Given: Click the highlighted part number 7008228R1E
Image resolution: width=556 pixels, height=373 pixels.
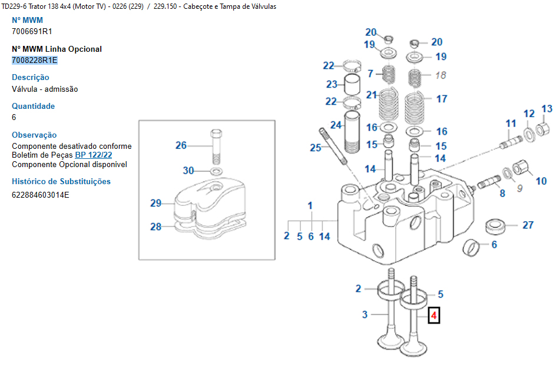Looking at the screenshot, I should pyautogui.click(x=35, y=60).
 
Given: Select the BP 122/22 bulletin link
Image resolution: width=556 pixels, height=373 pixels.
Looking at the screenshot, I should pyautogui.click(x=94, y=155).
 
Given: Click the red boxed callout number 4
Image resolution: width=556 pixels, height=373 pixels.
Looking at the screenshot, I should pyautogui.click(x=433, y=316).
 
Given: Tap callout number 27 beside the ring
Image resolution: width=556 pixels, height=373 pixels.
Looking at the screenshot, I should pyautogui.click(x=528, y=225).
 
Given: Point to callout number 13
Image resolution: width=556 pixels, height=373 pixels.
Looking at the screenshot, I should pyautogui.click(x=547, y=109).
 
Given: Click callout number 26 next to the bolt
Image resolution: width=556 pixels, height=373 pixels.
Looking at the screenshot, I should pyautogui.click(x=181, y=145).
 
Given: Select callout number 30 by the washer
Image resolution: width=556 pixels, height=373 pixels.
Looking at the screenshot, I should pyautogui.click(x=188, y=171).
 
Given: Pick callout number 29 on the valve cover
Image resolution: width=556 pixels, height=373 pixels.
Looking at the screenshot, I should pyautogui.click(x=155, y=204).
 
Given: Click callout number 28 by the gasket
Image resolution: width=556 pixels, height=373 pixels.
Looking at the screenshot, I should pyautogui.click(x=155, y=227).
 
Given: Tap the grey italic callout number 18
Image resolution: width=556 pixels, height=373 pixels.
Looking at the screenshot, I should pyautogui.click(x=441, y=75).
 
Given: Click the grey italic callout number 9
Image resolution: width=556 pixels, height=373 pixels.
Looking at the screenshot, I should pyautogui.click(x=519, y=188).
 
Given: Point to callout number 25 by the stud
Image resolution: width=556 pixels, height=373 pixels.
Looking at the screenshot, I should pyautogui.click(x=316, y=148).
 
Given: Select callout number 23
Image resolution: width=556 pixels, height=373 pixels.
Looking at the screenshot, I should pyautogui.click(x=332, y=85).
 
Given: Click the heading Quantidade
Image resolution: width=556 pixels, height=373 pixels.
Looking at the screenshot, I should pyautogui.click(x=34, y=106).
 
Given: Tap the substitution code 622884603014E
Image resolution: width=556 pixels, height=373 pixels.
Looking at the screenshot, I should pyautogui.click(x=41, y=194).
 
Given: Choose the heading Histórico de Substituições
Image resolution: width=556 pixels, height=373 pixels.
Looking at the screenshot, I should pyautogui.click(x=61, y=182).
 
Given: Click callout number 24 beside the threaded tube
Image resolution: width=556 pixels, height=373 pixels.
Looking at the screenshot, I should pyautogui.click(x=336, y=125).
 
